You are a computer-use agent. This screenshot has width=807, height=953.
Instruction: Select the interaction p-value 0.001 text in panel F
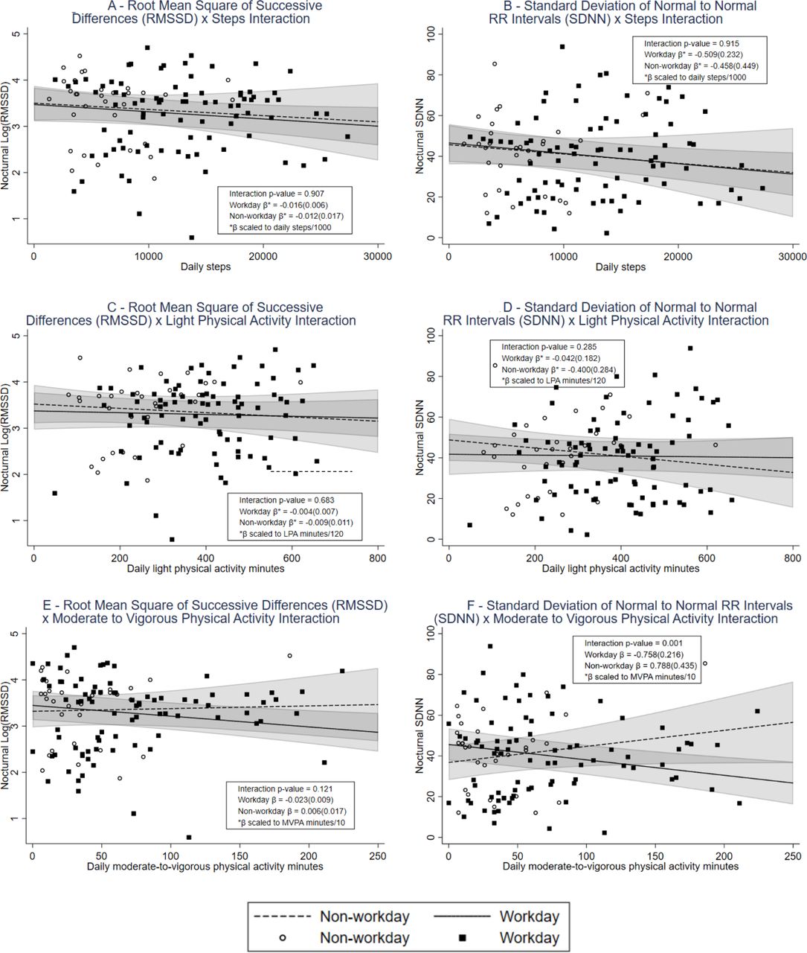634,643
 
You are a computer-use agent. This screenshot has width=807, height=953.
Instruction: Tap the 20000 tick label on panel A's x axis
263,256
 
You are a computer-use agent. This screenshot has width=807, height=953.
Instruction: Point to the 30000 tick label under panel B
792,256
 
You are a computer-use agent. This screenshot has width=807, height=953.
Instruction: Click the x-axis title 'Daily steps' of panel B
620,267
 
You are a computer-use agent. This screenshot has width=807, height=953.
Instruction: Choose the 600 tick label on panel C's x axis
292,558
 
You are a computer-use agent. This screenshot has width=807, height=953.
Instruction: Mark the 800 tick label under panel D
792,558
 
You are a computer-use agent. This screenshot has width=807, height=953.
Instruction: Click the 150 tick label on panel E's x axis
239,856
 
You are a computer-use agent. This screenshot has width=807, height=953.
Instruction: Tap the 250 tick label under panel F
793,856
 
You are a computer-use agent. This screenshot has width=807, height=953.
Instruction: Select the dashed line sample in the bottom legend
283,916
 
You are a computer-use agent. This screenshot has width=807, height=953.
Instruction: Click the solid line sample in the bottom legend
462,916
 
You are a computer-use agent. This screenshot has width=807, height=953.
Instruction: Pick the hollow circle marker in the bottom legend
283,937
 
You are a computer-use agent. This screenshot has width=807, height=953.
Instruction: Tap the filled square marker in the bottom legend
462,937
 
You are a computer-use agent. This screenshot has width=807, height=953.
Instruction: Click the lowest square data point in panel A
192,238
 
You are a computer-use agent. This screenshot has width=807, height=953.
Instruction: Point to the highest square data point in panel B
562,47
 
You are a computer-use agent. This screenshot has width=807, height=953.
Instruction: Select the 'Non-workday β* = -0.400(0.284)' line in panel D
559,369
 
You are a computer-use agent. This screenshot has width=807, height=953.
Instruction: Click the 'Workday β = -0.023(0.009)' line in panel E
285,800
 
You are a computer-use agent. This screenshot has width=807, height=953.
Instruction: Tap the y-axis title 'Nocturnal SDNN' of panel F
419,735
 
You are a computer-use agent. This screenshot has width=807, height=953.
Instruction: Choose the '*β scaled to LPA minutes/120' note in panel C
291,534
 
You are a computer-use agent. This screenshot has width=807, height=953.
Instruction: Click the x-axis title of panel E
205,867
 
